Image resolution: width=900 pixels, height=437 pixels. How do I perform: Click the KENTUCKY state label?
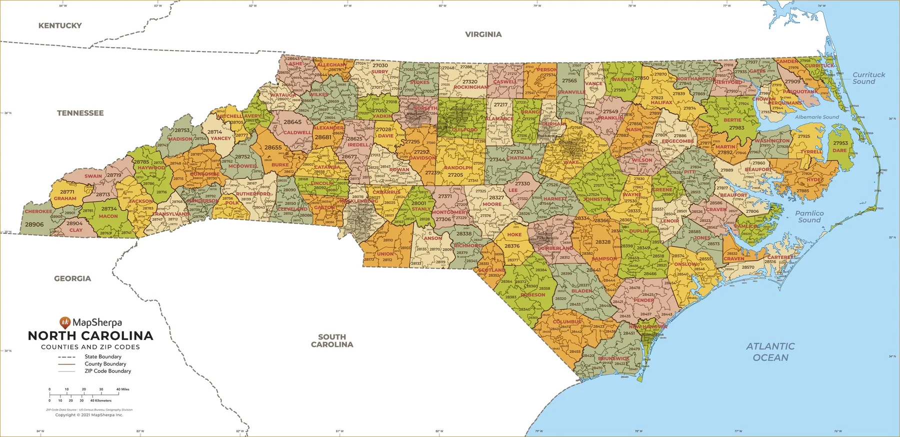point(60,26)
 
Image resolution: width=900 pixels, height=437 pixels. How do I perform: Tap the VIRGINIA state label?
point(483,35)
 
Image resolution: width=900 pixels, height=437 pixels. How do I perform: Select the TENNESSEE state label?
point(80,113)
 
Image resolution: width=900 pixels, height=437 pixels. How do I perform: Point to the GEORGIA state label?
point(72,279)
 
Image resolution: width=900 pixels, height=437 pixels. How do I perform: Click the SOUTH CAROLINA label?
point(332,341)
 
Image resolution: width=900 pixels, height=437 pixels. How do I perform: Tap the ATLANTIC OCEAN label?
point(770,352)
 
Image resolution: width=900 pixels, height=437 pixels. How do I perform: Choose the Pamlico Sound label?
point(809,217)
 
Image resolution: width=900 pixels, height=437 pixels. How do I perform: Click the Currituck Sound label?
point(868,78)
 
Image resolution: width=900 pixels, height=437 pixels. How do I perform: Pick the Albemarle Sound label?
point(817,117)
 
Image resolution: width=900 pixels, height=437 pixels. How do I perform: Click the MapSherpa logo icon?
point(64,322)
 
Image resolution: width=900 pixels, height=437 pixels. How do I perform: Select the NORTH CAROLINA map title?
point(90,336)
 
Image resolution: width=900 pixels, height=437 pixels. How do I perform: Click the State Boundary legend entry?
point(102,357)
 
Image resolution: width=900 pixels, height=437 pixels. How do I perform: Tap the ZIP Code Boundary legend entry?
point(107,371)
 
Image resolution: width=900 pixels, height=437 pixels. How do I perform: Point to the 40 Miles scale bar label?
point(122,389)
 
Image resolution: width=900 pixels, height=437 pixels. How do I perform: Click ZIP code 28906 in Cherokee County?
point(34,225)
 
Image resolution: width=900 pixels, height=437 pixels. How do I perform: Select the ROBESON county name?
point(533,295)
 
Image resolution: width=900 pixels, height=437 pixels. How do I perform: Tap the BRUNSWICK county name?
point(613,358)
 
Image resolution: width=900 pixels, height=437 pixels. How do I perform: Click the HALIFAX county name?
point(661,103)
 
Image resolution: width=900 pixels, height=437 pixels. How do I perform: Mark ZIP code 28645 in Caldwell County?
point(292,122)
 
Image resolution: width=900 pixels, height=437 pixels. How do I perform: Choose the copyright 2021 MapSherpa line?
point(89,415)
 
